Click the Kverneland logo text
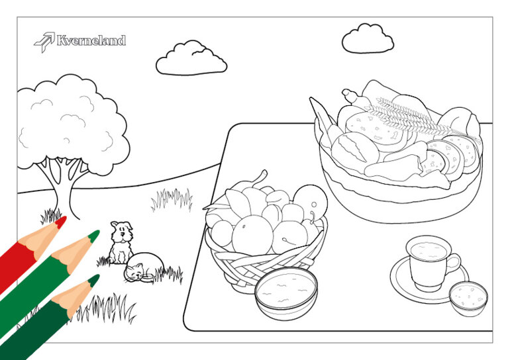91,40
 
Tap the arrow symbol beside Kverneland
44,42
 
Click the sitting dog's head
122,231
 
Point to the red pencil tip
60,222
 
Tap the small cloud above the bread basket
368,38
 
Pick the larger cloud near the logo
191,58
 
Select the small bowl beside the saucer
468,298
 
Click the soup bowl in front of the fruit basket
286,293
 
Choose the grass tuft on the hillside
172,199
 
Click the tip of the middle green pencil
94,236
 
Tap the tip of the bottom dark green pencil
94,281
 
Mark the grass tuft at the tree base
51,216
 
